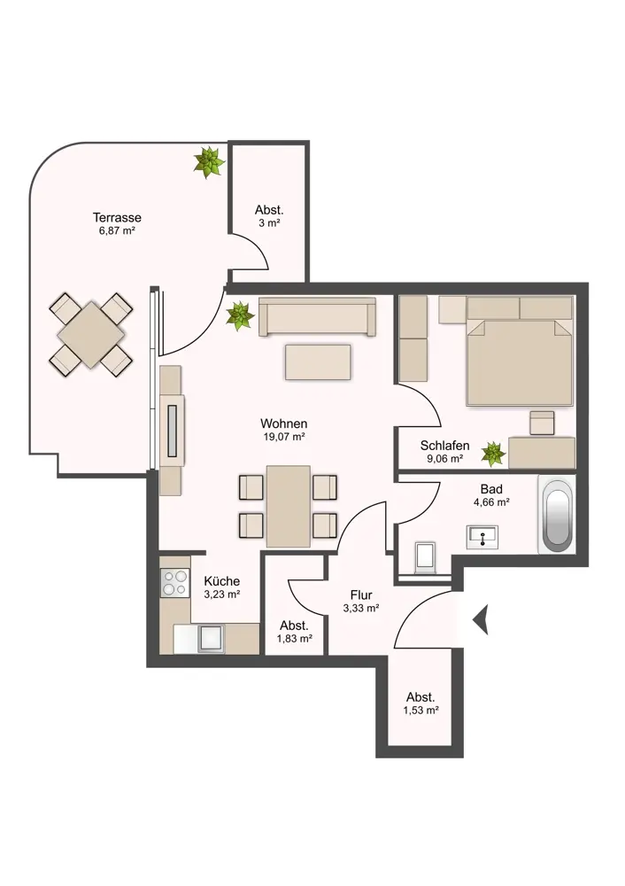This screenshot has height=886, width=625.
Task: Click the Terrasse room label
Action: pos(117,218)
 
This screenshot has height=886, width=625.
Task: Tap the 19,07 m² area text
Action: pos(284,437)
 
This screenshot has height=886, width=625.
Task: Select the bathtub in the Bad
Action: pos(557,514)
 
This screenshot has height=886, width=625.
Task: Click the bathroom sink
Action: pos(482,537)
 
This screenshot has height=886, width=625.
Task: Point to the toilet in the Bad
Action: pos(425,557)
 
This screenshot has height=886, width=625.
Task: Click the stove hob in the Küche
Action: pos(174,583)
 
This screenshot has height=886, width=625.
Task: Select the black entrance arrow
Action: pos(480,619)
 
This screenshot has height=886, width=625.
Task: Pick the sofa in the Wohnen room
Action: pos(317,316)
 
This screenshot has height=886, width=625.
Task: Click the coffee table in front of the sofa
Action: pos(318,362)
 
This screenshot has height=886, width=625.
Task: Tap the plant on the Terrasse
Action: pos(210,162)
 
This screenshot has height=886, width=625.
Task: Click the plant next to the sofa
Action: pos(241,316)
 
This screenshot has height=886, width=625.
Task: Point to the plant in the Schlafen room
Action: pos(493,454)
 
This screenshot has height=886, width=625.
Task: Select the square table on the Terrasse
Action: pos(91,335)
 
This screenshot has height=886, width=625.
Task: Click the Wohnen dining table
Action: pos(289,506)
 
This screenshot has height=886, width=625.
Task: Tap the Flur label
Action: pos(361,595)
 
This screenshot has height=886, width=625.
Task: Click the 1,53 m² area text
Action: pos(421,711)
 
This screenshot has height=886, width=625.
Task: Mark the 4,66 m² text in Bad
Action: pos(491,501)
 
